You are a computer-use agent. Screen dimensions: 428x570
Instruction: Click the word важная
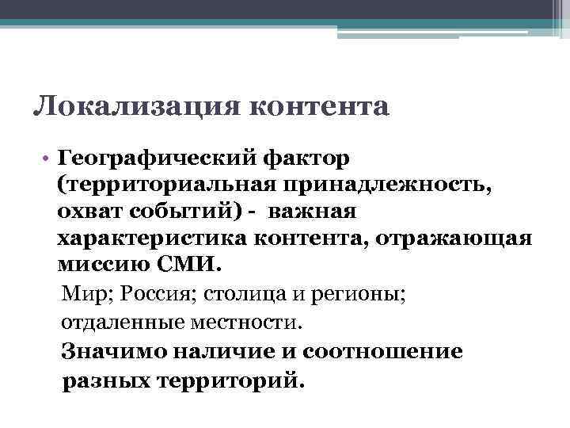(x=312, y=213)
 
